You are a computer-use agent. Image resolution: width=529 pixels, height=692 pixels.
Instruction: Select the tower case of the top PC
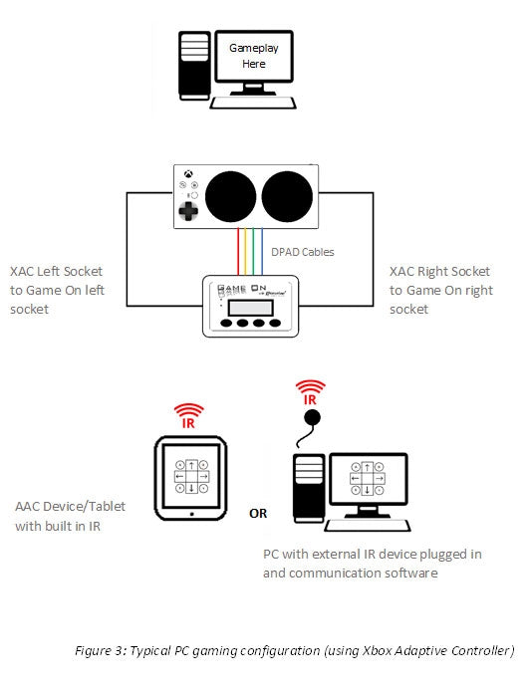tap(192, 64)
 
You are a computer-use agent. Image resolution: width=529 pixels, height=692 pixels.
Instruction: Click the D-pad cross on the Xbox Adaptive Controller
tap(186, 211)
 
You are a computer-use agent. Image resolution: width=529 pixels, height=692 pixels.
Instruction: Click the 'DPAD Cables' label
tap(302, 252)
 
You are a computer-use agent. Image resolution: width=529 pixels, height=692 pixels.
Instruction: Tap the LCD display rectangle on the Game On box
tap(244, 305)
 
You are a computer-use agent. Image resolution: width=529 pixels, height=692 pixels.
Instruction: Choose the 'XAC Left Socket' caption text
tap(56, 271)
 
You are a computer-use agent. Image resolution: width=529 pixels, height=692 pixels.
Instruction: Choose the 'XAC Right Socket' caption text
tap(440, 271)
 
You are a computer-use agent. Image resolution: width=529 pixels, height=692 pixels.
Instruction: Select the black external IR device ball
tap(312, 416)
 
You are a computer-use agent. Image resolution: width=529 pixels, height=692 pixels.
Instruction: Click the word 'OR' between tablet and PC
tap(257, 514)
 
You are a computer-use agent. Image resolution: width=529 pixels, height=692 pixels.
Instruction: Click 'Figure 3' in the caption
tap(103, 650)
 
